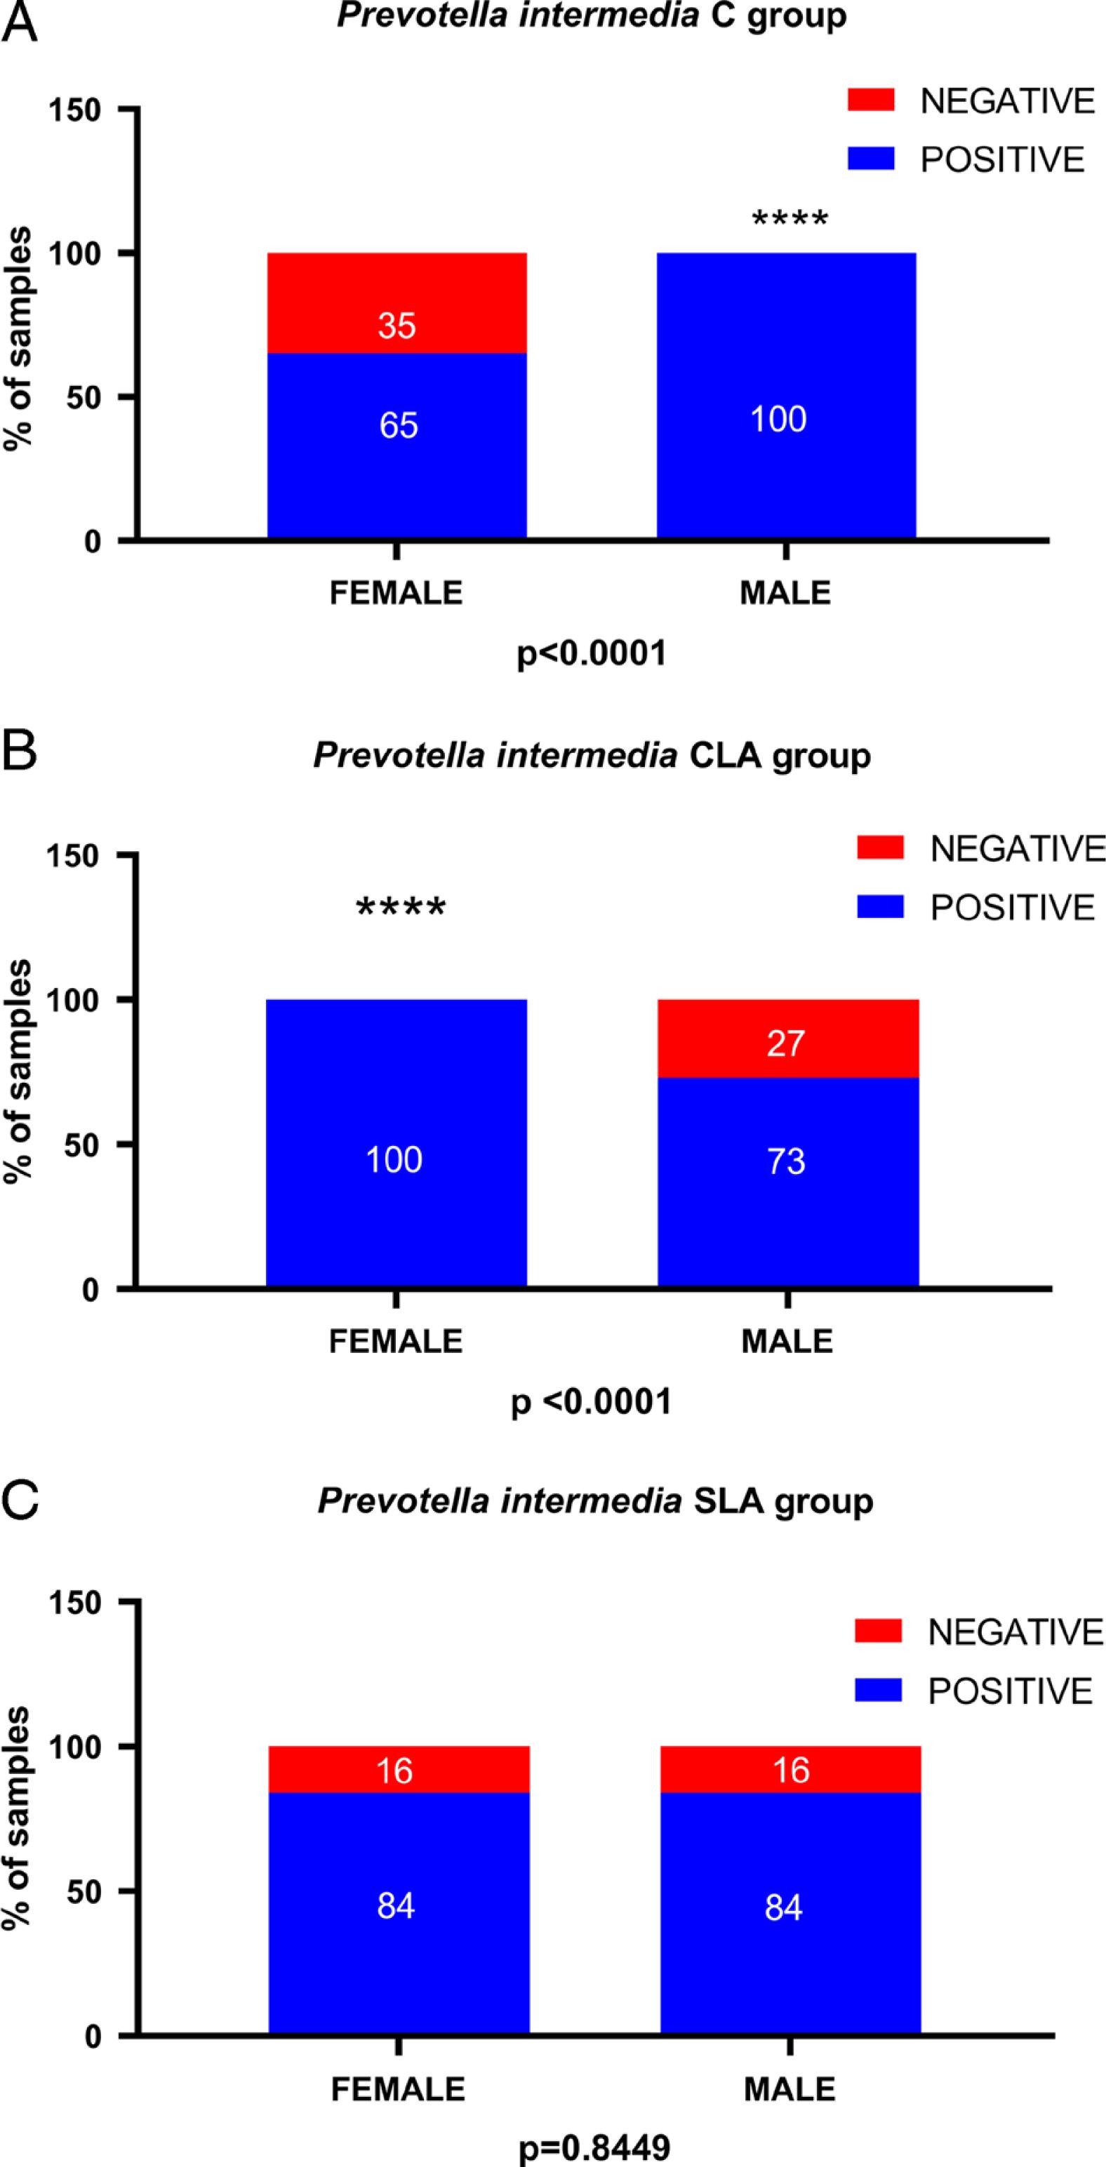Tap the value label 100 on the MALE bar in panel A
[778, 419]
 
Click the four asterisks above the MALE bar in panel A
[789, 221]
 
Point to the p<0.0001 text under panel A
[592, 653]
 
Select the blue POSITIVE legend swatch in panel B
[880, 907]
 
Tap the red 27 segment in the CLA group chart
[787, 1043]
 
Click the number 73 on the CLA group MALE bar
[787, 1161]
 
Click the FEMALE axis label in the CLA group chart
[395, 1340]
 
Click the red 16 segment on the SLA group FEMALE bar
[394, 1771]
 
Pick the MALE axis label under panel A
[785, 593]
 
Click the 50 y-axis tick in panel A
[85, 396]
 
